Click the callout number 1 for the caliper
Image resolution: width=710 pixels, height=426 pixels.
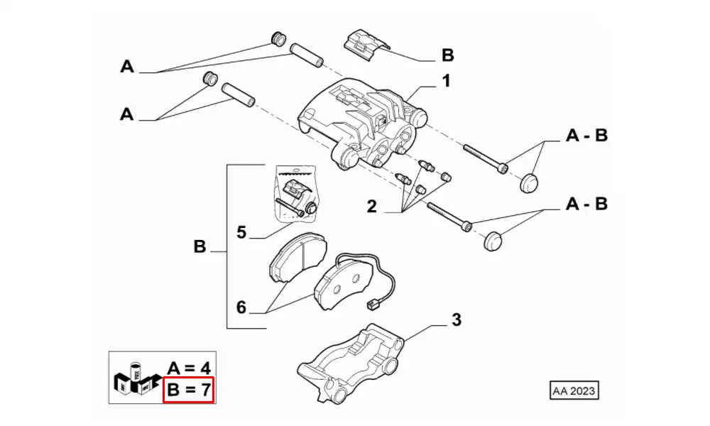pyautogui.click(x=446, y=82)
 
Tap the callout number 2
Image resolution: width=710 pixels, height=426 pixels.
pyautogui.click(x=371, y=207)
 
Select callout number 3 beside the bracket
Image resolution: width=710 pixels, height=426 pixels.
pyautogui.click(x=456, y=320)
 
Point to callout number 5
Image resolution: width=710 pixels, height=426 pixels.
pyautogui.click(x=241, y=231)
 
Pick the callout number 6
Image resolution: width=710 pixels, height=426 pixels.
pyautogui.click(x=241, y=307)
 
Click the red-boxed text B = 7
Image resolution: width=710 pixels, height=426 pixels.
pyautogui.click(x=189, y=390)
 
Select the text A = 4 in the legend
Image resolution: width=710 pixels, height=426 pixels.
pyautogui.click(x=189, y=368)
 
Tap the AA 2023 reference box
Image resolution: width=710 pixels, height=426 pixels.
pyautogui.click(x=574, y=390)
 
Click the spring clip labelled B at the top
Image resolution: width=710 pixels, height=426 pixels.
pyautogui.click(x=363, y=45)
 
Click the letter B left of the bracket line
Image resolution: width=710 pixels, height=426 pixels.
pyautogui.click(x=200, y=248)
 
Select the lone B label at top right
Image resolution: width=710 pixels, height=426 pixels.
pyautogui.click(x=447, y=55)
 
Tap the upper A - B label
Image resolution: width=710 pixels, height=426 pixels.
pyautogui.click(x=586, y=136)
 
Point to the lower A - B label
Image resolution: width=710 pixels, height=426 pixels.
pyautogui.click(x=586, y=204)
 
